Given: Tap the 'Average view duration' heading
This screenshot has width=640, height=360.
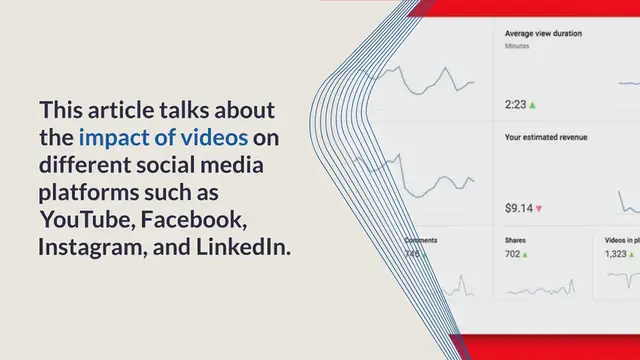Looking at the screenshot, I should point(544,33).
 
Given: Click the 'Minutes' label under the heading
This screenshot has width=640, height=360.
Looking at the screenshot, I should point(518,46).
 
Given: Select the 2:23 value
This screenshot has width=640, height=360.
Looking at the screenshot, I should point(515,104).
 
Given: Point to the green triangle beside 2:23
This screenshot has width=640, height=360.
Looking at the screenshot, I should point(533,104).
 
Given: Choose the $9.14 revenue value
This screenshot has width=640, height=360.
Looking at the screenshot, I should point(518,209).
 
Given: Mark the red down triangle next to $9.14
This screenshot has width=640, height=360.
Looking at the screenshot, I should point(539,209).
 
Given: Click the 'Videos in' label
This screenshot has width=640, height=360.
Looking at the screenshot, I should point(621,241).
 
